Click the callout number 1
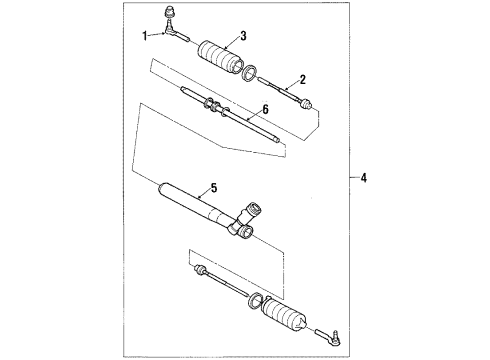[144, 36]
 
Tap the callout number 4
[364, 179]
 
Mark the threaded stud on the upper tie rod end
[169, 14]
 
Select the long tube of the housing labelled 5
[200, 211]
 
